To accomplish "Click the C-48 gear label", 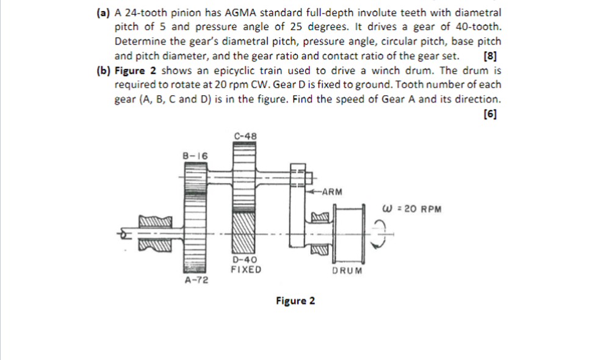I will click(x=245, y=135).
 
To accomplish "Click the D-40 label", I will click(x=245, y=260).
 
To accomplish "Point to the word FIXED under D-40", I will click(x=245, y=269).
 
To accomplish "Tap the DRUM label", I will click(x=347, y=270).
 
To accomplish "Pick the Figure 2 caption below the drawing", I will click(x=295, y=301).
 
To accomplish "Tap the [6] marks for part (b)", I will click(x=489, y=113).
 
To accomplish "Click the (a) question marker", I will click(x=104, y=13).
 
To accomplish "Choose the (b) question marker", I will click(x=104, y=70).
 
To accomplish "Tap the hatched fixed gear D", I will click(x=245, y=232).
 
